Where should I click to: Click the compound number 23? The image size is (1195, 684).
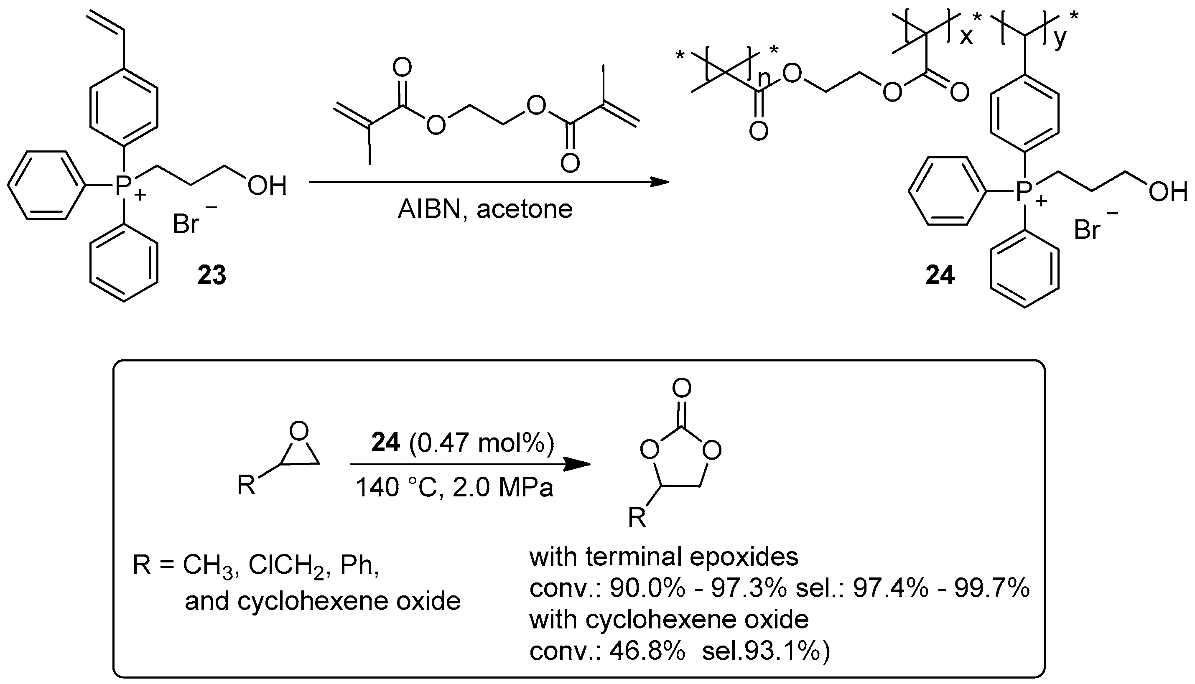[211, 275]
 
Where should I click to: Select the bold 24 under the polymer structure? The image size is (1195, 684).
[940, 275]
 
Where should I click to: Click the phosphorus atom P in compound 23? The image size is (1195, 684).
[123, 186]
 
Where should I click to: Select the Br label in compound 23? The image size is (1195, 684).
[186, 224]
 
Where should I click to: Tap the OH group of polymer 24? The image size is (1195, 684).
[1168, 193]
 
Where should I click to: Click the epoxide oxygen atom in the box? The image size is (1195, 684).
[299, 431]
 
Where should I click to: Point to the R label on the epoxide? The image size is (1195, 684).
[246, 485]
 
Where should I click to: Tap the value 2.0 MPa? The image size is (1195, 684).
[503, 488]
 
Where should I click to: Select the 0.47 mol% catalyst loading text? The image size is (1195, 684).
[482, 443]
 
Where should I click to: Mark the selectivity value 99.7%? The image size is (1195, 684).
[991, 588]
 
